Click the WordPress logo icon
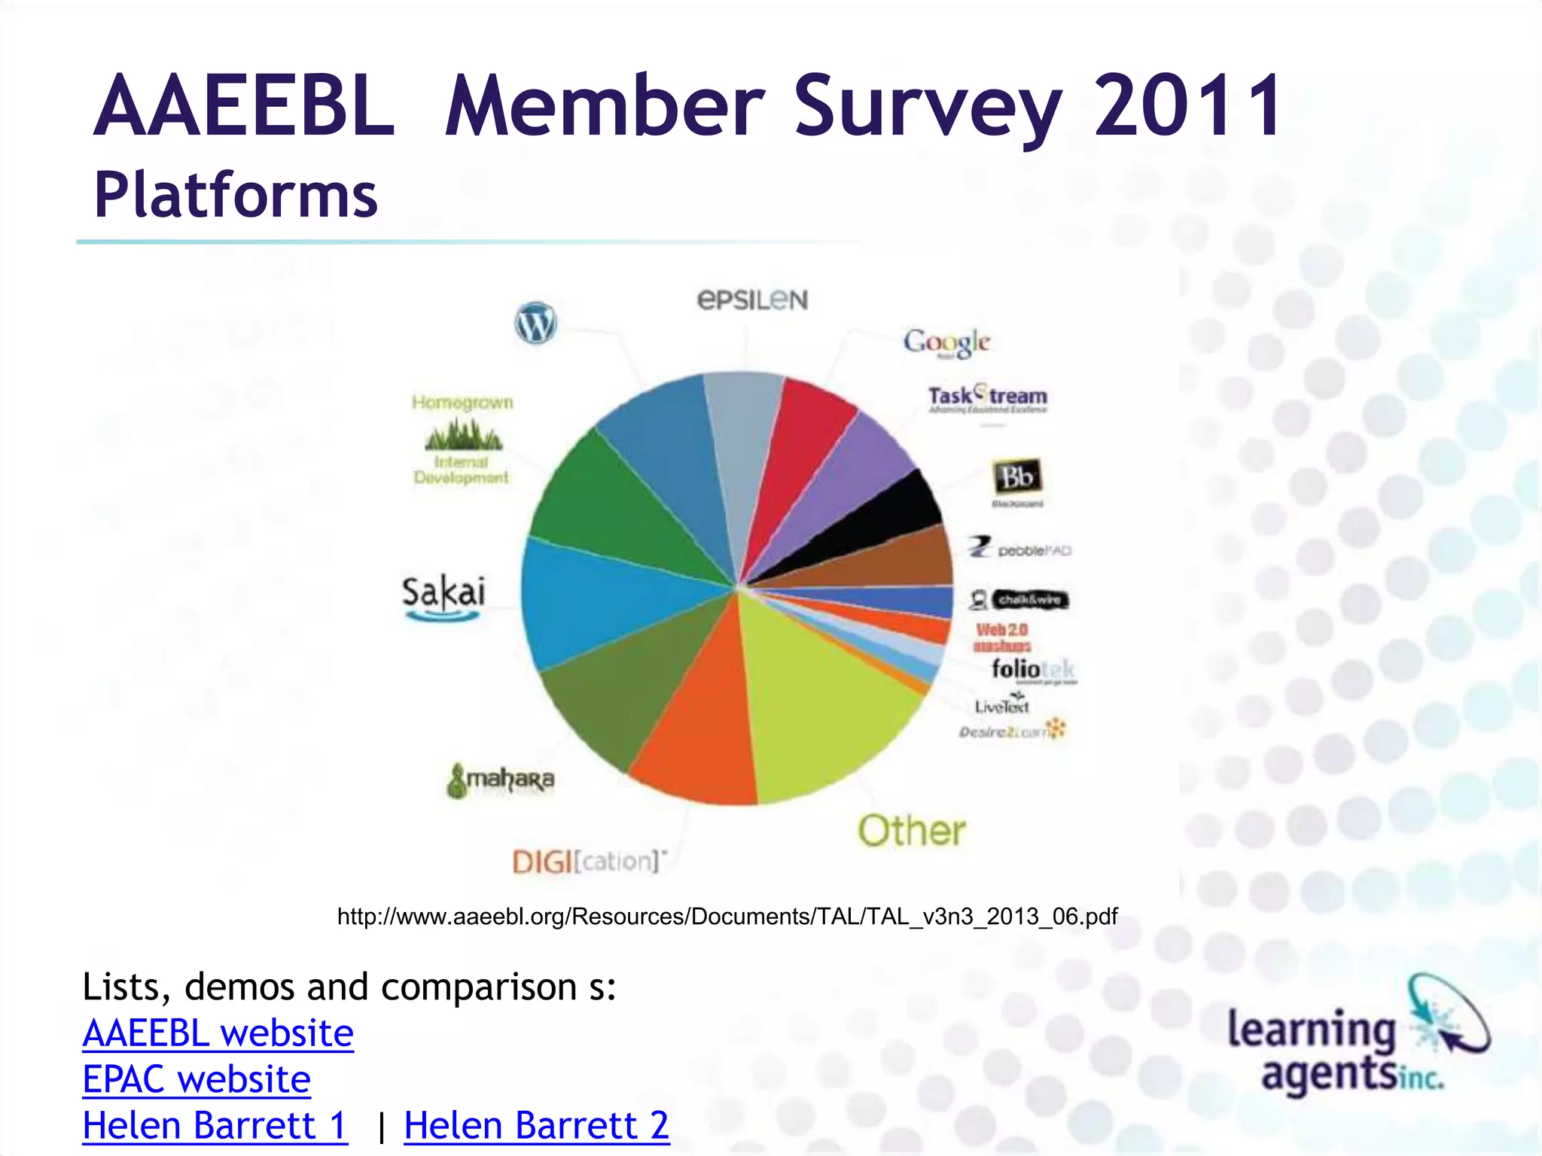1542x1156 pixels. point(535,323)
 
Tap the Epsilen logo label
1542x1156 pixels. point(752,300)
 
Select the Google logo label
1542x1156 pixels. point(946,342)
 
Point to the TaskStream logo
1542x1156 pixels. point(987,397)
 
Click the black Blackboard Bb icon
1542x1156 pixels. point(1016,476)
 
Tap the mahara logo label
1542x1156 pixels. point(501,780)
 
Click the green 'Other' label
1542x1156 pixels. point(911,831)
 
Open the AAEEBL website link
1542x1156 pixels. point(218,1033)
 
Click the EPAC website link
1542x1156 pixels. point(197,1079)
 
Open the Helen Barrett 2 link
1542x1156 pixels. point(536,1126)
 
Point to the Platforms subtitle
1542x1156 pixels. point(235,195)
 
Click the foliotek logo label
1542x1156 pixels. point(1032,669)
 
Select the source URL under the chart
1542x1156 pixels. point(727,916)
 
